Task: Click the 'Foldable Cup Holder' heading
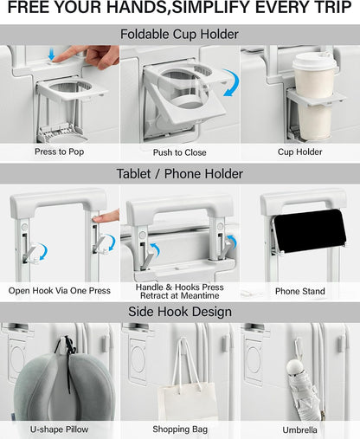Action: [x=179, y=35]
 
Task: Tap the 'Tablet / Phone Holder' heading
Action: [x=179, y=174]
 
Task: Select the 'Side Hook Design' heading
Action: [x=180, y=312]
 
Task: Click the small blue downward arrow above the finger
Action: [x=52, y=54]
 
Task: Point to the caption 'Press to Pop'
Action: [x=60, y=152]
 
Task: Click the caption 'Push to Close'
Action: [x=179, y=152]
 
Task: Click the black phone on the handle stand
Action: [x=310, y=230]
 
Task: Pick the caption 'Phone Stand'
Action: [x=300, y=291]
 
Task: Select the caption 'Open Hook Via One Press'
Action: [x=60, y=290]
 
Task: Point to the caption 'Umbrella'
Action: [x=299, y=430]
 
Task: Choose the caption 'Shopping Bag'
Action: [x=180, y=429]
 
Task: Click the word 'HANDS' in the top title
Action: [x=137, y=7]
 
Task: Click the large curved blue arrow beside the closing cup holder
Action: [x=231, y=82]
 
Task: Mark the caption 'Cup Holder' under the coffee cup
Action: [x=300, y=152]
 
